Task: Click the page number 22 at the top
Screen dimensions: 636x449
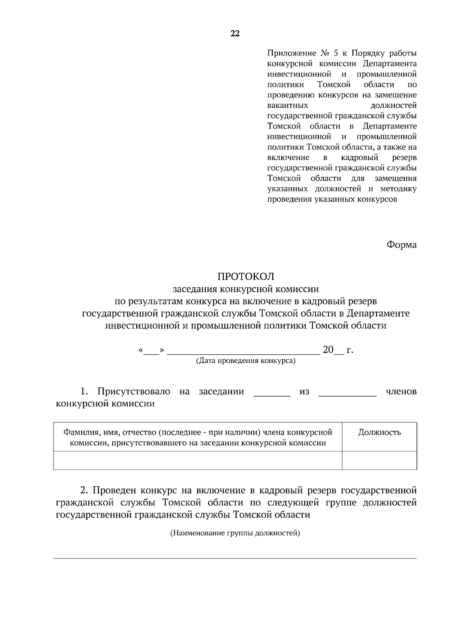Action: (235, 34)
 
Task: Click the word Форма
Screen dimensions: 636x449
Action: (401, 245)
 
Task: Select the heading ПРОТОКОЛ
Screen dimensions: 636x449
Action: (246, 276)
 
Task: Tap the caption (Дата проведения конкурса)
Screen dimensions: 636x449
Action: (246, 361)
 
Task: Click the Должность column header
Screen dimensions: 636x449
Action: (379, 432)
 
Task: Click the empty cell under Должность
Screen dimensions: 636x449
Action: (379, 460)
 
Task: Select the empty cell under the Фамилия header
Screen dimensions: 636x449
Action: (198, 460)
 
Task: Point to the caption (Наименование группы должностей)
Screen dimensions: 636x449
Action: (235, 533)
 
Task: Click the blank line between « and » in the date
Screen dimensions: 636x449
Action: (151, 351)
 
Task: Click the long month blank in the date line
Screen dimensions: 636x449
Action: (243, 351)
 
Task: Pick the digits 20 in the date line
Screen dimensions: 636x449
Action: (328, 350)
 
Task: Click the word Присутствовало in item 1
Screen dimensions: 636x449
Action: (134, 391)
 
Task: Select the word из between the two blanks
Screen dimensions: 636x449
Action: (304, 392)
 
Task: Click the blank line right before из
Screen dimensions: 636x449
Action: (272, 393)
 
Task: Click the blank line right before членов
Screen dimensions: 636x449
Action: (347, 393)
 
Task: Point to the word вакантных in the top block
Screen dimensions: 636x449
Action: (288, 105)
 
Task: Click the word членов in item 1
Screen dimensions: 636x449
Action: (401, 392)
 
